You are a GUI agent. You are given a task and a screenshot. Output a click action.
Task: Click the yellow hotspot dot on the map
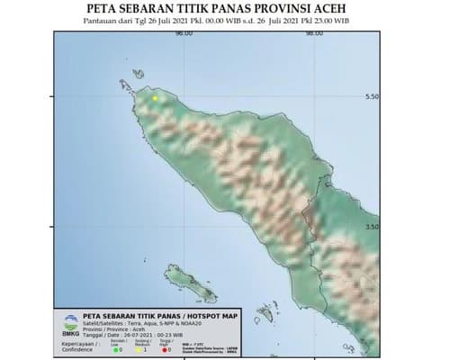[155, 97]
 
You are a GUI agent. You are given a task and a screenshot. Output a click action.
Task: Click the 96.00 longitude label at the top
[184, 33]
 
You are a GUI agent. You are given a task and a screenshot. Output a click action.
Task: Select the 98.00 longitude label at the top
[314, 33]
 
